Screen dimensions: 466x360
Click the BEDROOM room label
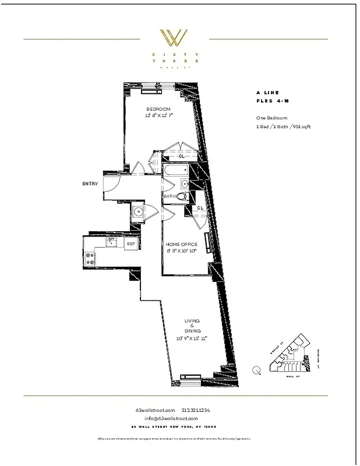(158, 110)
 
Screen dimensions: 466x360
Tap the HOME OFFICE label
(181, 244)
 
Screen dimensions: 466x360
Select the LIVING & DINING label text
(192, 325)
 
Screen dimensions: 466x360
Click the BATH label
(169, 197)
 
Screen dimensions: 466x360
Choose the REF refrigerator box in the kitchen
(131, 243)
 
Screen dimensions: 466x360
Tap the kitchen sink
(110, 241)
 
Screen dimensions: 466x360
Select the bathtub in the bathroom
(177, 172)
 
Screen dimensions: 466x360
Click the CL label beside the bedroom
(182, 156)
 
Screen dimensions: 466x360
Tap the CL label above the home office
(200, 208)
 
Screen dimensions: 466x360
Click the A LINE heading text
(267, 92)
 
